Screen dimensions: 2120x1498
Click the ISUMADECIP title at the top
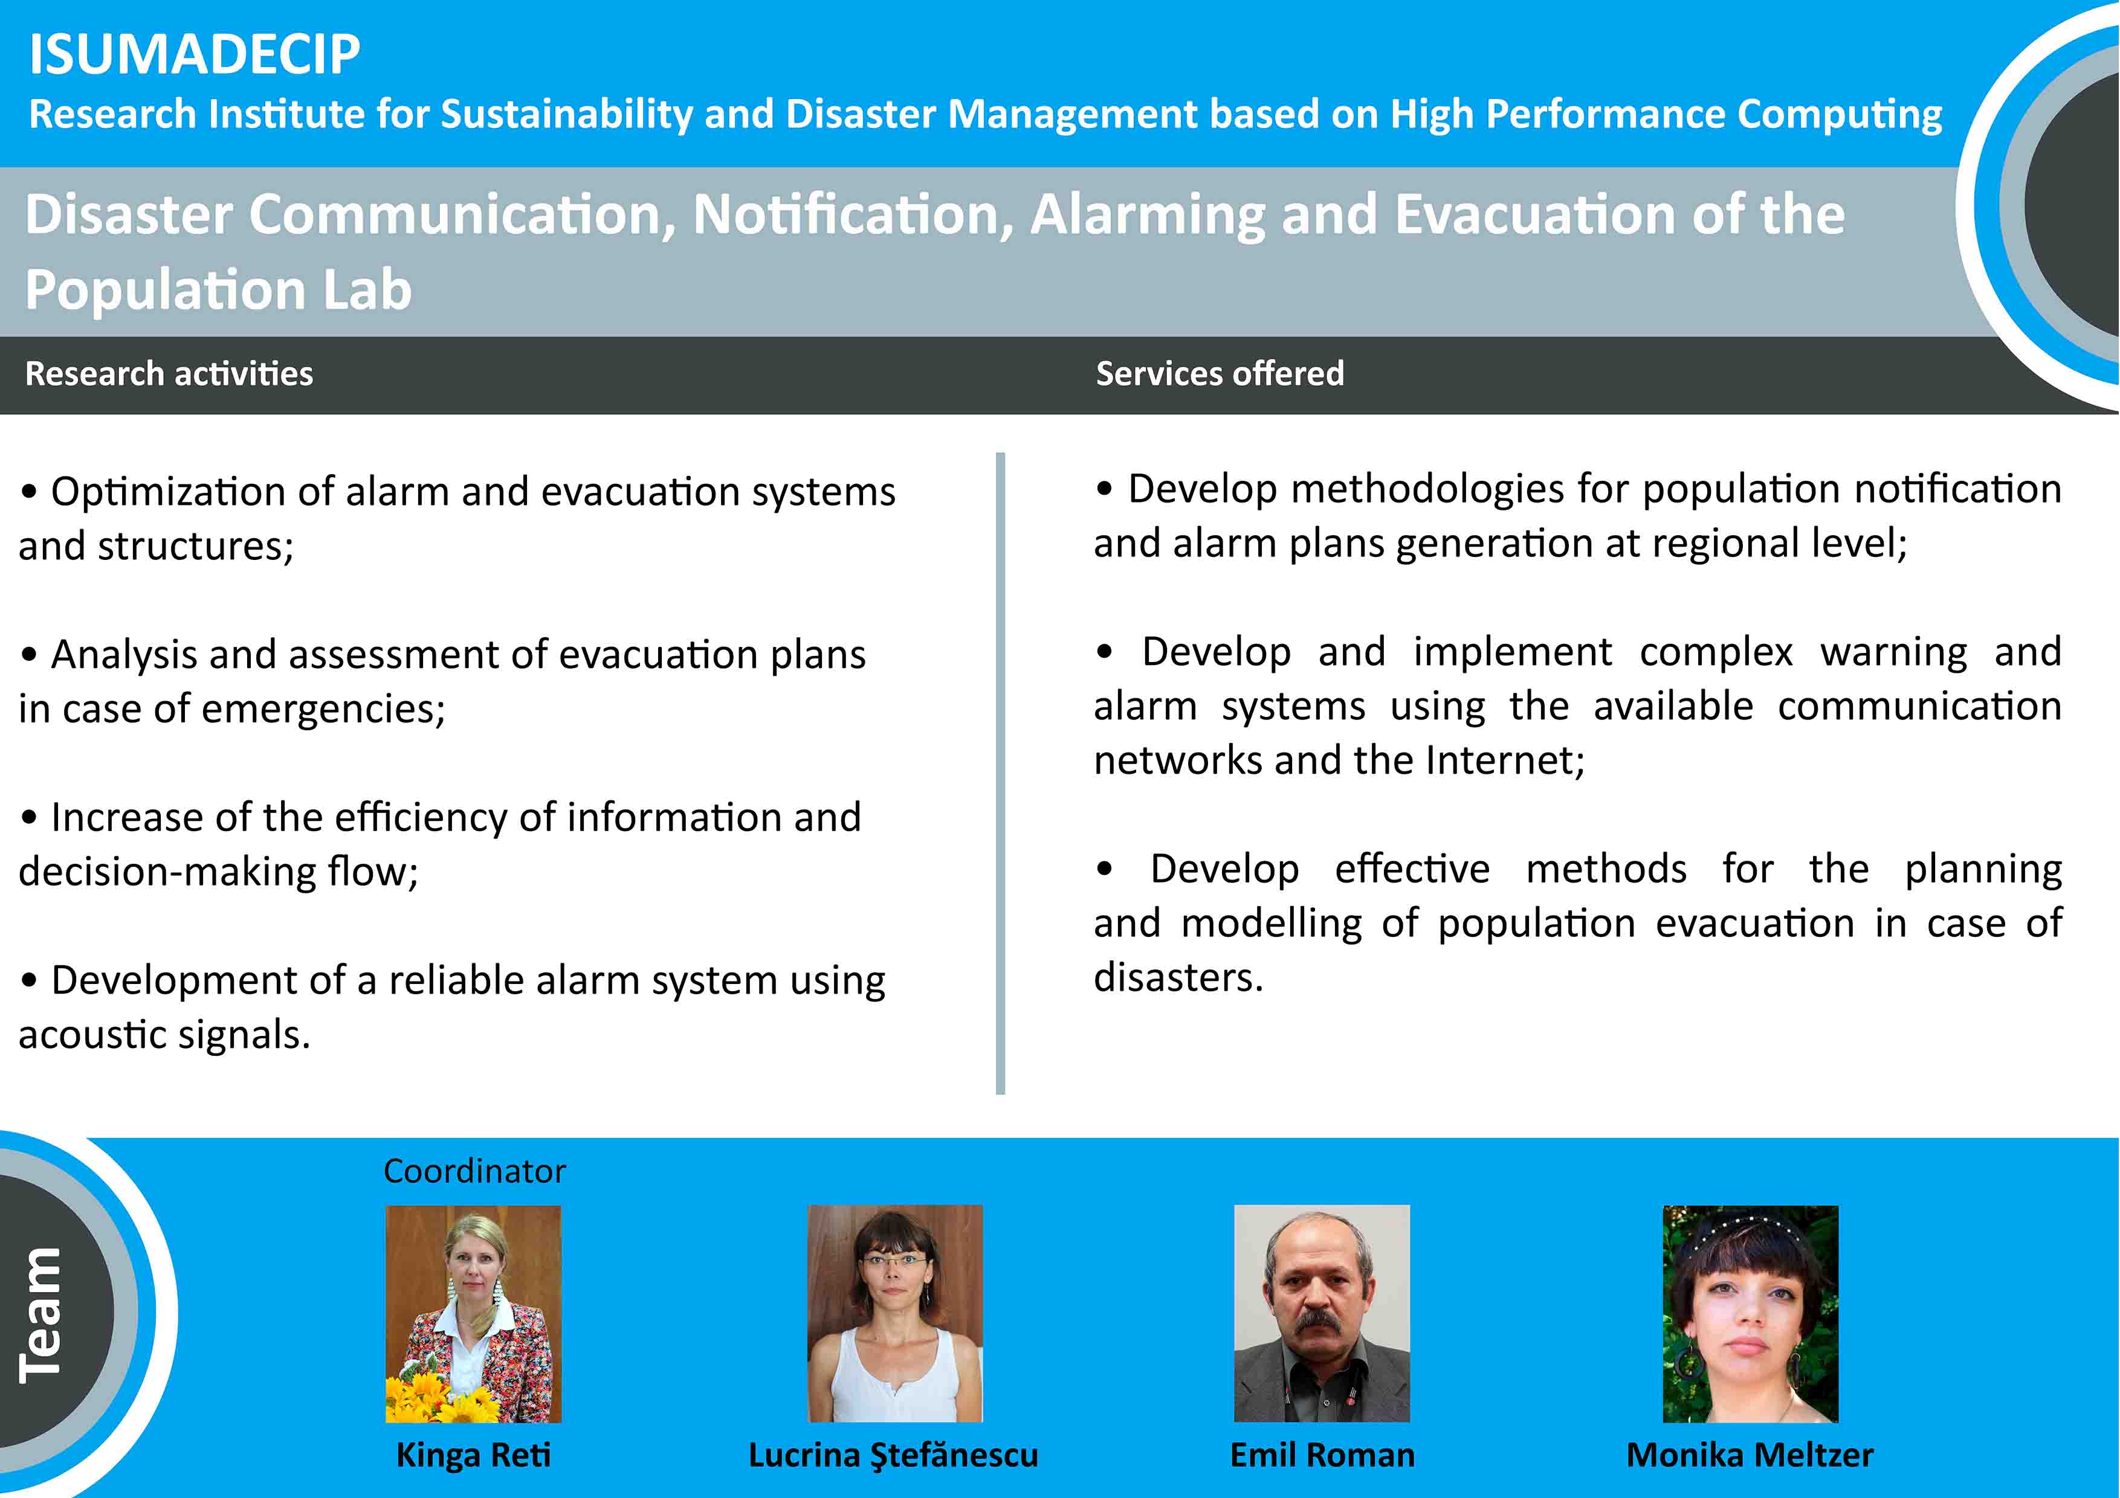194,54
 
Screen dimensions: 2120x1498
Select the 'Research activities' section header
169,374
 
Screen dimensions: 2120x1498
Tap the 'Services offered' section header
1220,374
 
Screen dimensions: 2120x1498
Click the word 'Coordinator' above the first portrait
474,1171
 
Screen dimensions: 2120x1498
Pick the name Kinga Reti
474,1456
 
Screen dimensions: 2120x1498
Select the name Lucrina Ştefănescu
893,1456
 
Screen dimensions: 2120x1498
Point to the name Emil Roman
1322,1456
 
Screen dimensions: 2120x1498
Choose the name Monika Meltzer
1750,1456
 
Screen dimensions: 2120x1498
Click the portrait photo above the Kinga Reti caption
473,1314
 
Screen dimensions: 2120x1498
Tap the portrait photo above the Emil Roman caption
1322,1313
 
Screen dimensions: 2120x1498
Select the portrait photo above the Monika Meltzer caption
1751,1314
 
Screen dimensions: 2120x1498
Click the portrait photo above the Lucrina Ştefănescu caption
895,1313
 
